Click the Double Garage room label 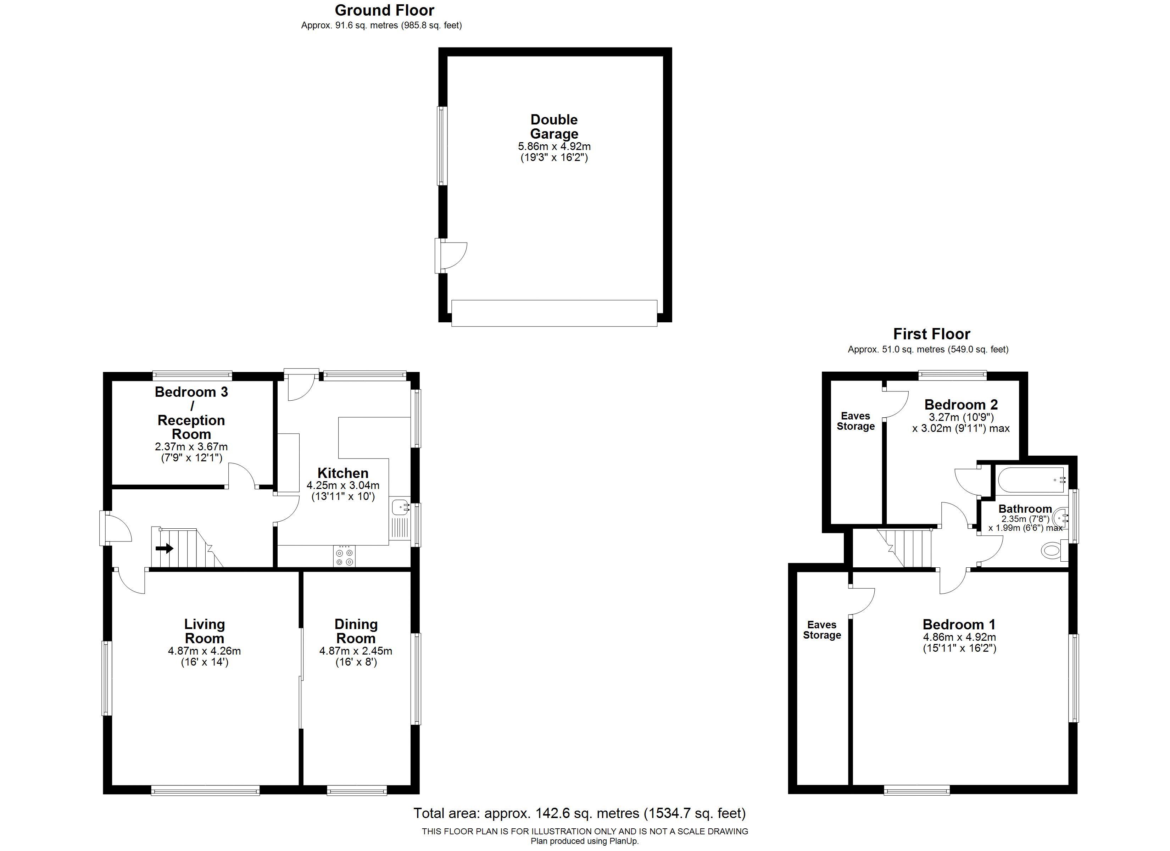(554, 127)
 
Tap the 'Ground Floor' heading (384, 10)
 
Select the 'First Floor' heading (932, 334)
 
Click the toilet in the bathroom (1054, 550)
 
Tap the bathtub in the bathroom (1031, 480)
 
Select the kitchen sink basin (400, 507)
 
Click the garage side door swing (452, 255)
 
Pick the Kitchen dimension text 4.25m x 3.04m (343, 485)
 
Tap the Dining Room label (356, 631)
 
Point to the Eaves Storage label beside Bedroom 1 (822, 630)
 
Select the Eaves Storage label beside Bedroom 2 (856, 421)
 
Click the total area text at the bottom (579, 813)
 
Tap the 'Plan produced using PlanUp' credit (585, 841)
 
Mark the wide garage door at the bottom (555, 313)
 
